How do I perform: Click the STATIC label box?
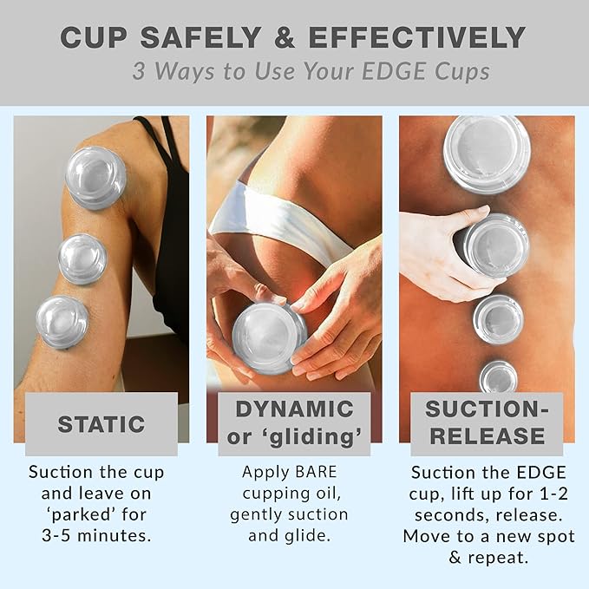[x=101, y=424]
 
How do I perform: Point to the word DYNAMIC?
[x=294, y=409]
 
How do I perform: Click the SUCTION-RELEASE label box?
[x=487, y=422]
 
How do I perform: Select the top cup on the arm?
[x=96, y=177]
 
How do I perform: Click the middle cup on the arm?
[x=83, y=259]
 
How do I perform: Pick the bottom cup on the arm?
[x=62, y=321]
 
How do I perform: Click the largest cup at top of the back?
[x=486, y=154]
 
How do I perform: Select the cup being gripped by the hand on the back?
[x=495, y=245]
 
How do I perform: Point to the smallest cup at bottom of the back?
[x=498, y=376]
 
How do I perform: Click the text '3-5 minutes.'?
[x=95, y=535]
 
